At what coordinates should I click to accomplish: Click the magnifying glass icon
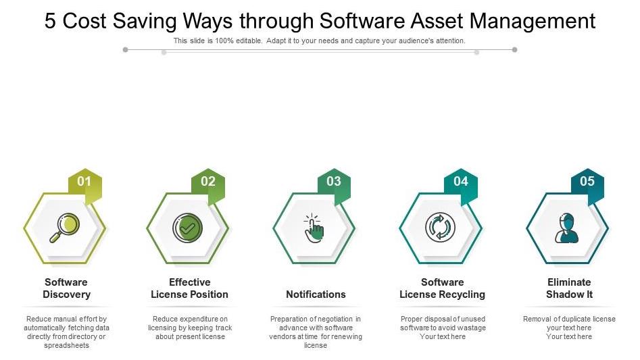click(64, 228)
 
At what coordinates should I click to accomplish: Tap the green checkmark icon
click(187, 228)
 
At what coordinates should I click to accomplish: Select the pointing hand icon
click(314, 228)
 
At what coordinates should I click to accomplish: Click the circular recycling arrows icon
click(440, 228)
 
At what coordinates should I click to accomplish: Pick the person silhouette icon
click(566, 228)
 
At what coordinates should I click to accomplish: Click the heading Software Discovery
click(66, 288)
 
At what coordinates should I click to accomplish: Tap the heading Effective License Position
click(189, 288)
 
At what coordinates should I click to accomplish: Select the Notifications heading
click(316, 294)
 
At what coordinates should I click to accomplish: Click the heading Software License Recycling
click(443, 288)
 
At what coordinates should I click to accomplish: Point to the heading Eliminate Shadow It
click(570, 288)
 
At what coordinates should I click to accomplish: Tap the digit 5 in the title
click(50, 21)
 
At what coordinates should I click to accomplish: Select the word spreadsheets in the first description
click(66, 345)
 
